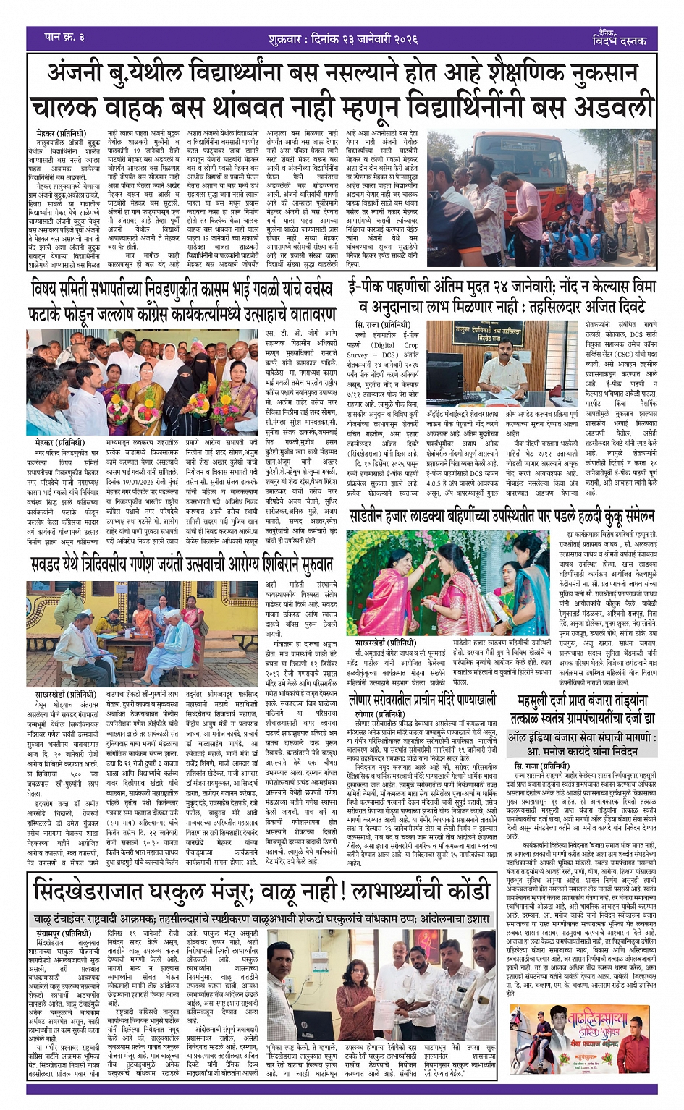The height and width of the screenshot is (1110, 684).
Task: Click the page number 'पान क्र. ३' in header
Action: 64,37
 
